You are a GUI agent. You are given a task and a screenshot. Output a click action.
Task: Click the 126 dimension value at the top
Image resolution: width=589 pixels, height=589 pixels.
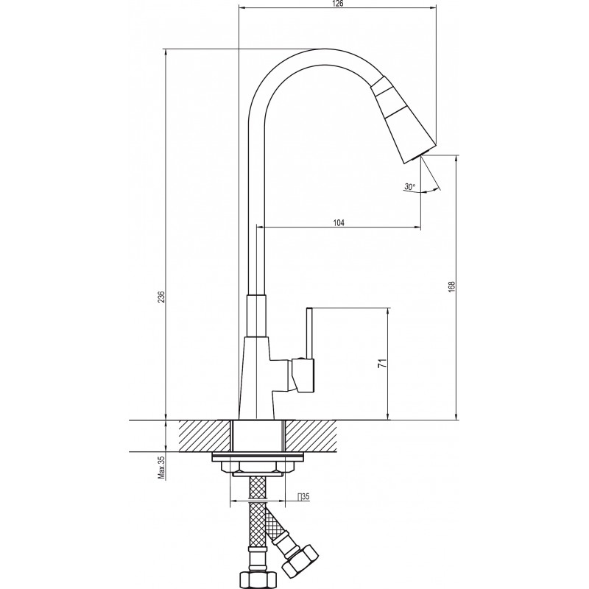click(339, 4)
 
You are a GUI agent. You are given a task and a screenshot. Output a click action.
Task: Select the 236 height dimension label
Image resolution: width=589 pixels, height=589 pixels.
click(161, 297)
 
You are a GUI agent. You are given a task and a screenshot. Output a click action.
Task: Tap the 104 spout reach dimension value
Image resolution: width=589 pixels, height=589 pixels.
click(339, 223)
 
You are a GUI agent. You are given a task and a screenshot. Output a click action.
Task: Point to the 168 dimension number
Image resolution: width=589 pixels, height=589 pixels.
click(451, 286)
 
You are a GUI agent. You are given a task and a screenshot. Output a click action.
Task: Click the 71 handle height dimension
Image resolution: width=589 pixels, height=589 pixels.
click(382, 363)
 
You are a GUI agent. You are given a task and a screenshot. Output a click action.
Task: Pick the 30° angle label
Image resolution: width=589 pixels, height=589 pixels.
click(410, 186)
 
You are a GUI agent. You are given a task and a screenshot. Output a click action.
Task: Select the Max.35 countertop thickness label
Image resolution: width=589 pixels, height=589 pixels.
click(162, 468)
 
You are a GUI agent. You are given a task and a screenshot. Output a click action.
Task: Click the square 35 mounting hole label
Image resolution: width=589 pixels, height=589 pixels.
click(303, 497)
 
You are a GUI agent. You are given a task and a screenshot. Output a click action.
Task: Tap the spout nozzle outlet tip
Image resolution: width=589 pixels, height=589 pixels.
click(420, 155)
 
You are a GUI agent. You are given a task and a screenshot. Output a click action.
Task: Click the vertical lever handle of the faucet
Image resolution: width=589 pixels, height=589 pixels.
click(309, 334)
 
